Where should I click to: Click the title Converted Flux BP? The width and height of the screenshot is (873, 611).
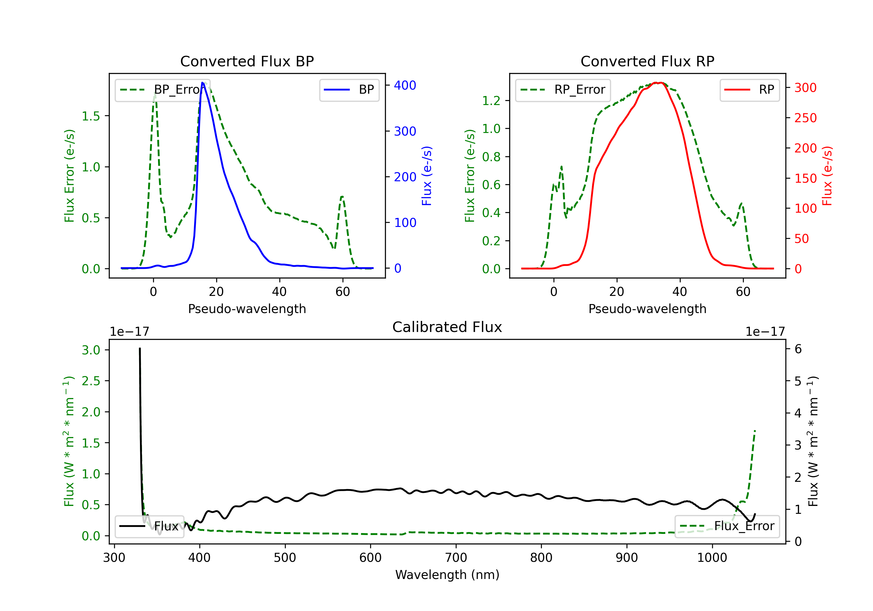click(247, 61)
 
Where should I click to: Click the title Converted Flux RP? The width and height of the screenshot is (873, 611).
click(647, 61)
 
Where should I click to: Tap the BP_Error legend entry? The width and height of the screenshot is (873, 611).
click(163, 90)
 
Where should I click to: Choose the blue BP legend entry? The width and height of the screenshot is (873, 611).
click(349, 90)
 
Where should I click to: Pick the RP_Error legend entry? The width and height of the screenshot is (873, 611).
click(563, 90)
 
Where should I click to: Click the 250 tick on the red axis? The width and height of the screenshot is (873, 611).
click(805, 118)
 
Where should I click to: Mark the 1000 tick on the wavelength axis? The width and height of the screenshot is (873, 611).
click(712, 557)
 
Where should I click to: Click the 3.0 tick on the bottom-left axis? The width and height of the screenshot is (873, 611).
click(91, 350)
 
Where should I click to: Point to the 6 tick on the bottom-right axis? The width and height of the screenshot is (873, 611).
click(798, 349)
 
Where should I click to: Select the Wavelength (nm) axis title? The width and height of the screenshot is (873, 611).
click(447, 575)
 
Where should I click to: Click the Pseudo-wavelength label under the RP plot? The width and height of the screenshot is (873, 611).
click(647, 309)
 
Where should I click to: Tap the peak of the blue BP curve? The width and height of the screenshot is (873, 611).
click(203, 83)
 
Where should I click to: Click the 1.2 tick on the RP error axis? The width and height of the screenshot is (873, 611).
click(491, 101)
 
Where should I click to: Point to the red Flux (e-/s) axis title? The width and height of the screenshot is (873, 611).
click(827, 176)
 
